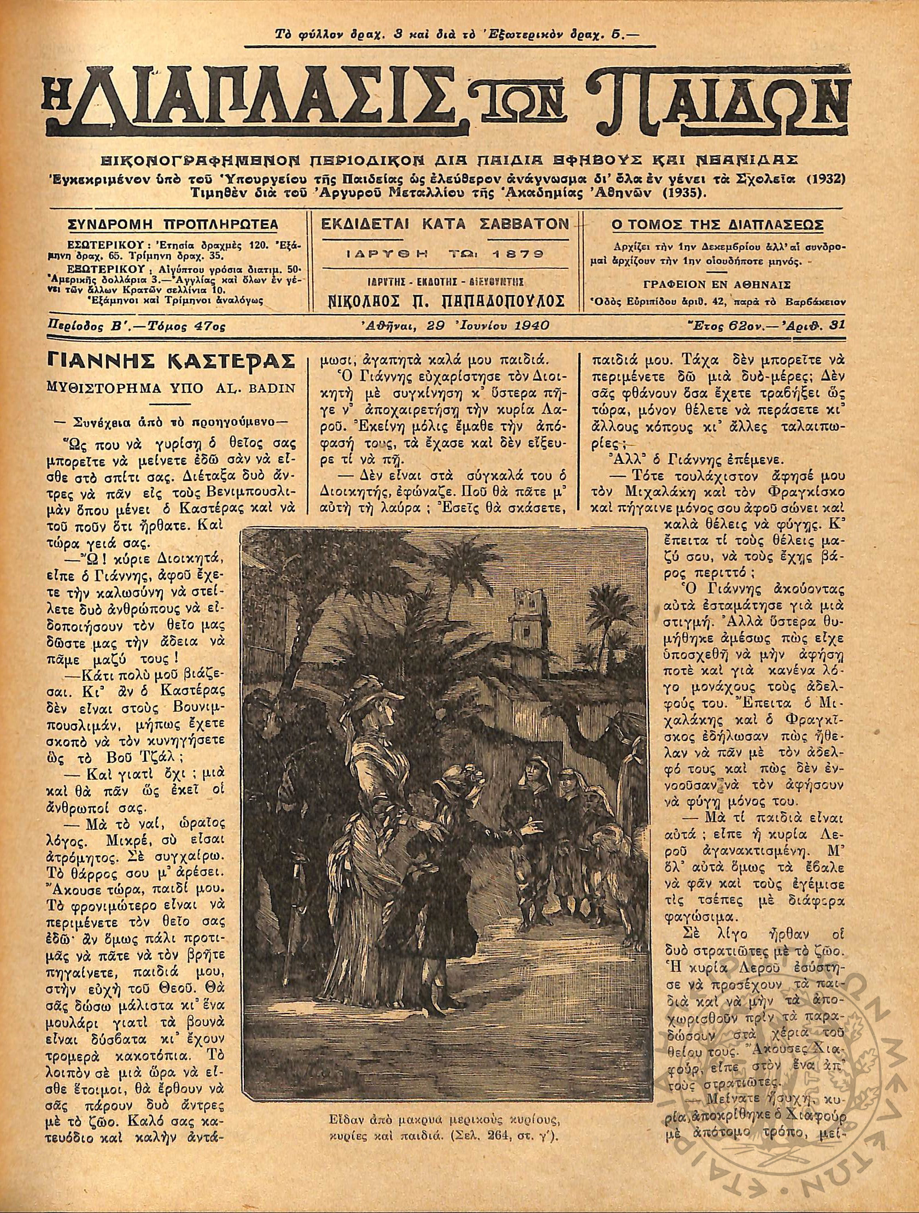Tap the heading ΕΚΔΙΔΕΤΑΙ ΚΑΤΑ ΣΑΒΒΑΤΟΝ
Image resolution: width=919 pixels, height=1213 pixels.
(x=444, y=223)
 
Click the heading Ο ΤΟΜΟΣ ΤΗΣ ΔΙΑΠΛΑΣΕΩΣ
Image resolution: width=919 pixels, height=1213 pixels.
(x=718, y=225)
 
